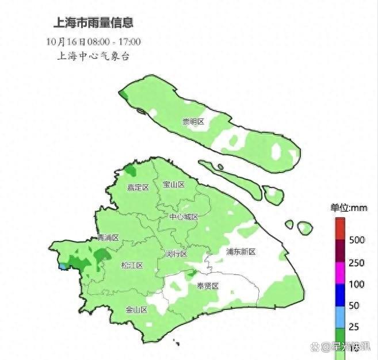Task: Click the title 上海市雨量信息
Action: (x=93, y=23)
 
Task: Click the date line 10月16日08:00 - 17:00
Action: (x=93, y=41)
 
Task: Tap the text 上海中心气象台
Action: (x=93, y=56)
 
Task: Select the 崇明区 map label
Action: (x=193, y=121)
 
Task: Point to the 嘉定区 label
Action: (x=138, y=187)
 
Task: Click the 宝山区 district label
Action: (x=174, y=185)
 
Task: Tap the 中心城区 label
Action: (x=184, y=217)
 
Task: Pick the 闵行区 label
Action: (x=176, y=254)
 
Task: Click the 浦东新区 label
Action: (x=240, y=252)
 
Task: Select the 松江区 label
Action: (x=132, y=265)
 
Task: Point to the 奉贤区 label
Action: (x=208, y=286)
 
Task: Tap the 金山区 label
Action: (x=137, y=309)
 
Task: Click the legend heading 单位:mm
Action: (x=349, y=208)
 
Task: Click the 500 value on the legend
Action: (x=357, y=240)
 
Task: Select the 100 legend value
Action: (x=357, y=284)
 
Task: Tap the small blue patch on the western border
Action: (x=62, y=266)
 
